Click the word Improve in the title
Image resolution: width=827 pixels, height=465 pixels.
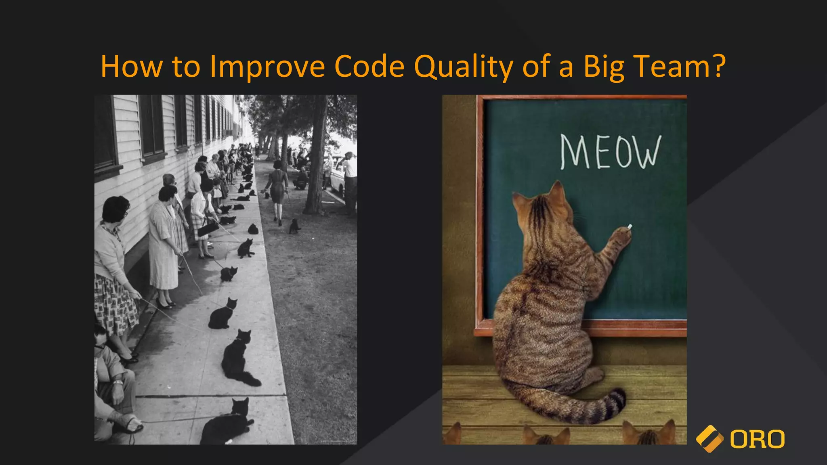click(x=267, y=67)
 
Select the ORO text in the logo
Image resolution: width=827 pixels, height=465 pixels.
click(x=757, y=439)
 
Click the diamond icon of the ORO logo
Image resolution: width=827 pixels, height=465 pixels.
click(x=709, y=439)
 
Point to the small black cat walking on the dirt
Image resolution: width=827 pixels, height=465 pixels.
click(x=294, y=226)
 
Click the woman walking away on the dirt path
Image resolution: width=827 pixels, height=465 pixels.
click(x=277, y=188)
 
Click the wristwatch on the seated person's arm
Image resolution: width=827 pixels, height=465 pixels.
click(x=118, y=382)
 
